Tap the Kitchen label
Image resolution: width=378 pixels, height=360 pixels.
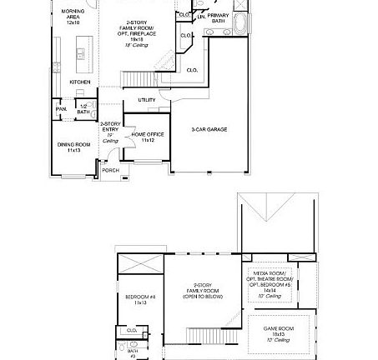point(80,82)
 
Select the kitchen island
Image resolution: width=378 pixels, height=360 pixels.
point(82,58)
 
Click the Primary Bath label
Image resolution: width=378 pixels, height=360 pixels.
point(219,17)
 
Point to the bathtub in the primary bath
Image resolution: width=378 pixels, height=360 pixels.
point(243,22)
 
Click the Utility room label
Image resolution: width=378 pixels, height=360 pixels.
point(147,100)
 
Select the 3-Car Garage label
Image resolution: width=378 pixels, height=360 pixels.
point(209,129)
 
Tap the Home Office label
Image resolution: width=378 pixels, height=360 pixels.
point(148,136)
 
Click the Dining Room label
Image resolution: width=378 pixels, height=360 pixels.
point(68,147)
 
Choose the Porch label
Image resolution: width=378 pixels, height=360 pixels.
point(110,170)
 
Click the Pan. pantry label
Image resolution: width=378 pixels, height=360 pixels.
point(61,108)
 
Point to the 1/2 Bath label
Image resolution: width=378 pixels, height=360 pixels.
point(83,109)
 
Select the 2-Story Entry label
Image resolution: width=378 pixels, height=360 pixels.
point(110,131)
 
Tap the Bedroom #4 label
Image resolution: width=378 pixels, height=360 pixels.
point(135,298)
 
